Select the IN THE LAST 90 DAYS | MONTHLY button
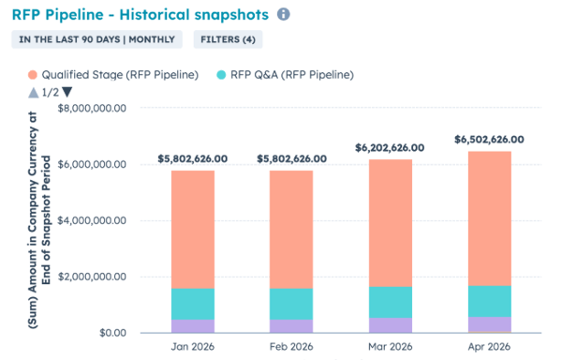(96, 39)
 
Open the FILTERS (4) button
(228, 39)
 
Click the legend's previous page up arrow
(34, 92)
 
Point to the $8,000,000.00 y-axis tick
(98, 109)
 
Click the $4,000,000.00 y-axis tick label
(98, 221)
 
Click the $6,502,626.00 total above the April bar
(488, 140)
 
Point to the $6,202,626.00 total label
(390, 148)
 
